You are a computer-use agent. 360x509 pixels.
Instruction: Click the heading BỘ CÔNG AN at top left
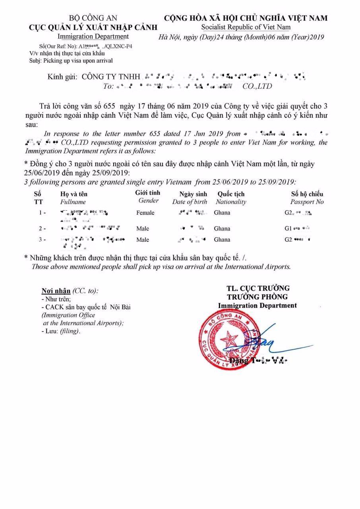(x=93, y=18)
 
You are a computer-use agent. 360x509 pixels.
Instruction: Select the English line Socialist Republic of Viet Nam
(x=246, y=27)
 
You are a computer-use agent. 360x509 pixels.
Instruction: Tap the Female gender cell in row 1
(x=145, y=213)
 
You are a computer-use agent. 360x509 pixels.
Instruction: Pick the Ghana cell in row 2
(x=222, y=229)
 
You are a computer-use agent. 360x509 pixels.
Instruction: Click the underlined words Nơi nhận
(x=56, y=291)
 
